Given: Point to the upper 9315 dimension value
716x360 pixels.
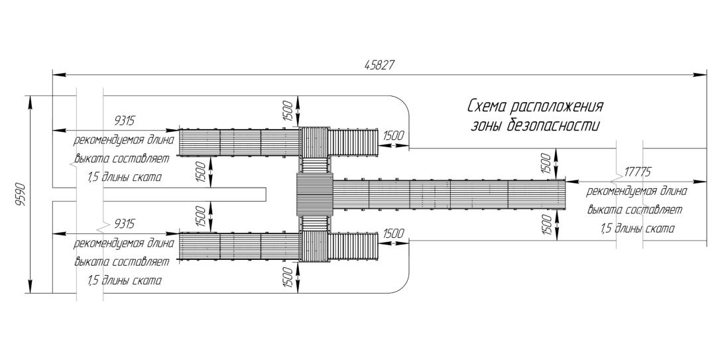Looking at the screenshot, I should coord(125,120).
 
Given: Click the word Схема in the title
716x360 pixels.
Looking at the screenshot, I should coord(487,107).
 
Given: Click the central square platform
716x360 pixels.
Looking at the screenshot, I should coord(314,194).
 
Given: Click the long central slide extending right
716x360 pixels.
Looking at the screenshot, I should coord(449,194).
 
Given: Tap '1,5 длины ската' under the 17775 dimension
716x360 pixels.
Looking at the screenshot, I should coord(637,229).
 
